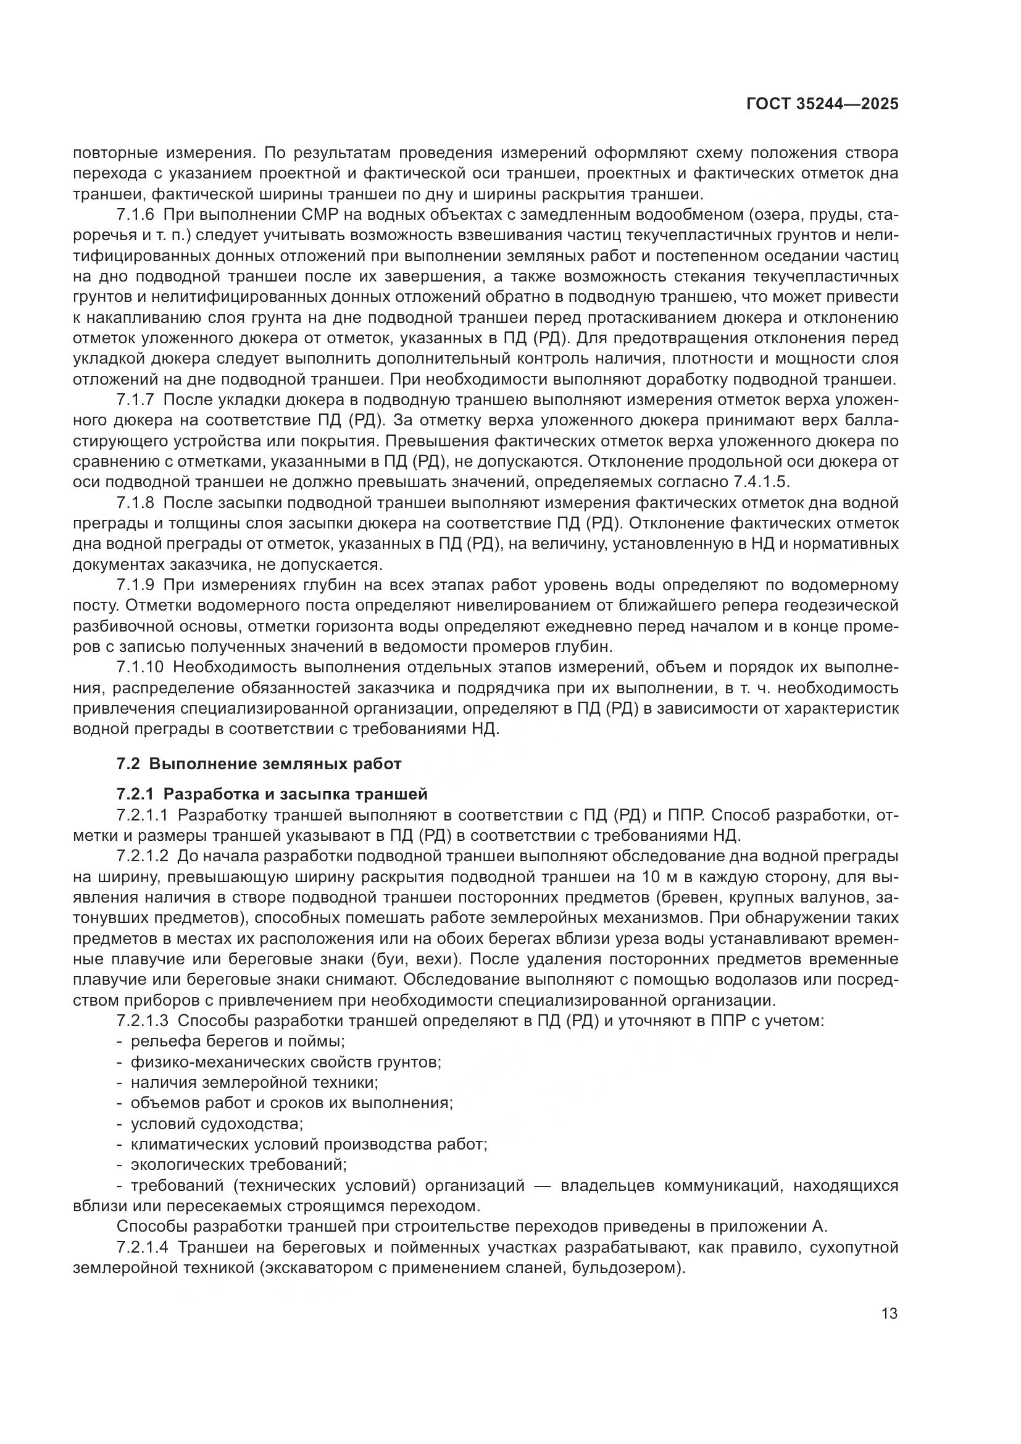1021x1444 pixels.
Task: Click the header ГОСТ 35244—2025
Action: coord(822,104)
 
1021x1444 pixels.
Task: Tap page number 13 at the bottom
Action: coord(890,1313)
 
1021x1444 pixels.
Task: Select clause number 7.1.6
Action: coord(135,214)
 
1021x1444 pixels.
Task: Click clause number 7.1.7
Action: coord(135,400)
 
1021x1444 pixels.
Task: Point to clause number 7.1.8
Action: coord(135,503)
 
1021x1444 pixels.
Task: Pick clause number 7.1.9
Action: coord(135,585)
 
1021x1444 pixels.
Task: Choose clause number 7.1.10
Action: coord(139,668)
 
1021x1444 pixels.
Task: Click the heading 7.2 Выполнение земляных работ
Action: coord(259,764)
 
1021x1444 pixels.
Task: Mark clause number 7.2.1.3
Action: coord(143,1021)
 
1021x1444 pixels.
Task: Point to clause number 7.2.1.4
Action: coord(143,1247)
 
